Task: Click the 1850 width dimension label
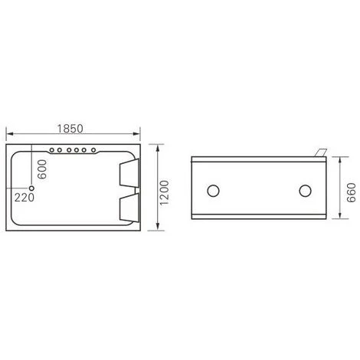pyautogui.click(x=70, y=129)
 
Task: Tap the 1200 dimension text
pyautogui.click(x=164, y=192)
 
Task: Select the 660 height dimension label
pyautogui.click(x=352, y=192)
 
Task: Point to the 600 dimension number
pyautogui.click(x=42, y=169)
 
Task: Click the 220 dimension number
pyautogui.click(x=25, y=198)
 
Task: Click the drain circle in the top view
pyautogui.click(x=31, y=188)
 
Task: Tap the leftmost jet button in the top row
pyautogui.click(x=51, y=150)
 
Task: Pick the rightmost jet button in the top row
pyautogui.click(x=93, y=150)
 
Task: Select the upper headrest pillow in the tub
pyautogui.click(x=129, y=173)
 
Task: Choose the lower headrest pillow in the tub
pyautogui.click(x=129, y=208)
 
